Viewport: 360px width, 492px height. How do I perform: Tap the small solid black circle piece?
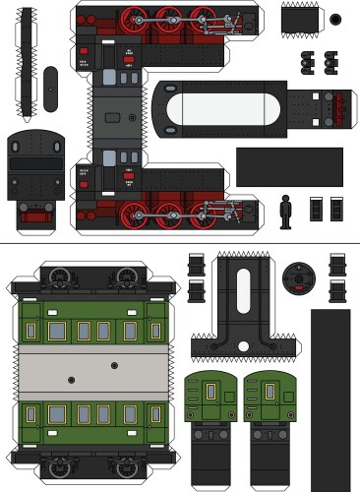[x=335, y=19]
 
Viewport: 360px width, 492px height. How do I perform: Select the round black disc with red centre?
[x=296, y=278]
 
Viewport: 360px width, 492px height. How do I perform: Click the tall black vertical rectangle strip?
[x=330, y=399]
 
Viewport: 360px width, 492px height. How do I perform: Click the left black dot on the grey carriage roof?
[x=70, y=378]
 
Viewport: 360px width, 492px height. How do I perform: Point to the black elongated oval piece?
[x=50, y=90]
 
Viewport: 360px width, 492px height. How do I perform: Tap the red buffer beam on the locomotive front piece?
[x=35, y=215]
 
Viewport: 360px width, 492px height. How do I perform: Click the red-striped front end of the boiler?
[x=340, y=107]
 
